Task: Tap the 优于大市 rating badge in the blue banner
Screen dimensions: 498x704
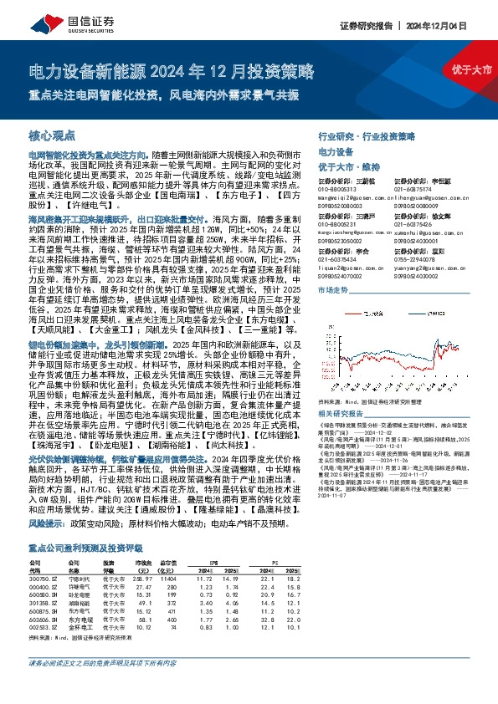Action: tap(469, 69)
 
